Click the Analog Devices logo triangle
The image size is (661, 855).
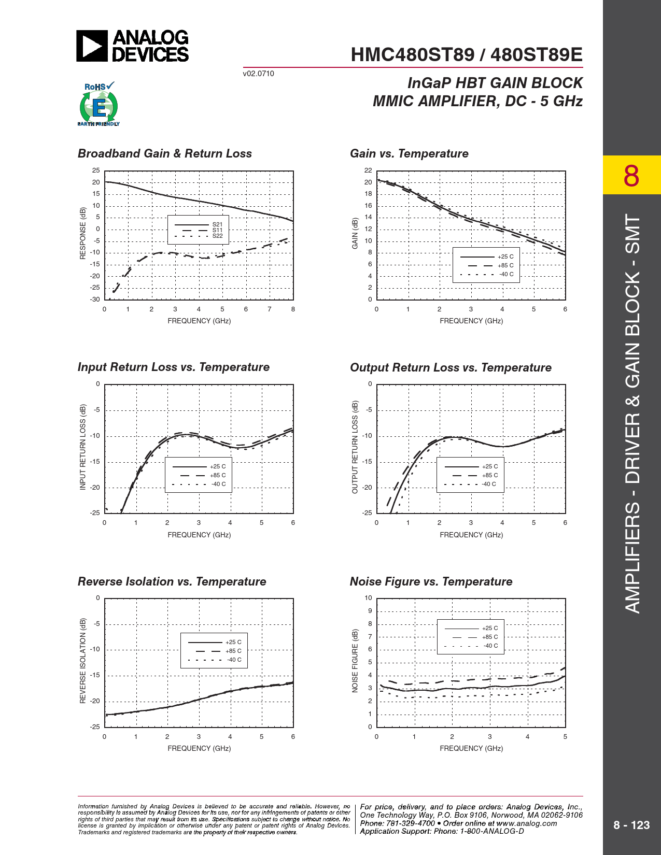pyautogui.click(x=92, y=46)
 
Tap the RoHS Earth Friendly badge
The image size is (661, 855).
pyautogui.click(x=99, y=104)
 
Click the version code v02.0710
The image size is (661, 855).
pyautogui.click(x=258, y=74)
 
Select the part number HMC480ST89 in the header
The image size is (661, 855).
pyautogui.click(x=412, y=55)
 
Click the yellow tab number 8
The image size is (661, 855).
pyautogui.click(x=631, y=176)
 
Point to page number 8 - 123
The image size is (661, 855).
pyautogui.click(x=631, y=825)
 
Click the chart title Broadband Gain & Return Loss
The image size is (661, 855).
pyautogui.click(x=164, y=153)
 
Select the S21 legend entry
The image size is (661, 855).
pyautogui.click(x=217, y=224)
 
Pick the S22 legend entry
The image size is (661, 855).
pyautogui.click(x=217, y=236)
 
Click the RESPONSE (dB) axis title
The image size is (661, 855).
pyautogui.click(x=82, y=233)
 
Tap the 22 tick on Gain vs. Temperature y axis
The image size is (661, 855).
pyautogui.click(x=368, y=170)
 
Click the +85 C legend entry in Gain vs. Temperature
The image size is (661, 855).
pyautogui.click(x=505, y=265)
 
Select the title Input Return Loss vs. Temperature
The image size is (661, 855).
pyautogui.click(x=173, y=367)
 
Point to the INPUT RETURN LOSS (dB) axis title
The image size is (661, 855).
pyautogui.click(x=82, y=447)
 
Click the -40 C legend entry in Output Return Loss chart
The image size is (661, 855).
pyautogui.click(x=489, y=484)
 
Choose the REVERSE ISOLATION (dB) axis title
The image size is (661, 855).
pyautogui.click(x=82, y=661)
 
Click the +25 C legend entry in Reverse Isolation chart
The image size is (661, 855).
pyautogui.click(x=233, y=642)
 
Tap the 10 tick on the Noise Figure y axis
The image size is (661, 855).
pyautogui.click(x=368, y=598)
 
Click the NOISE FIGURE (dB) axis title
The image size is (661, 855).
pyautogui.click(x=355, y=661)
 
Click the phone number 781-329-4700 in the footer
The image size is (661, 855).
pyautogui.click(x=410, y=823)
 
